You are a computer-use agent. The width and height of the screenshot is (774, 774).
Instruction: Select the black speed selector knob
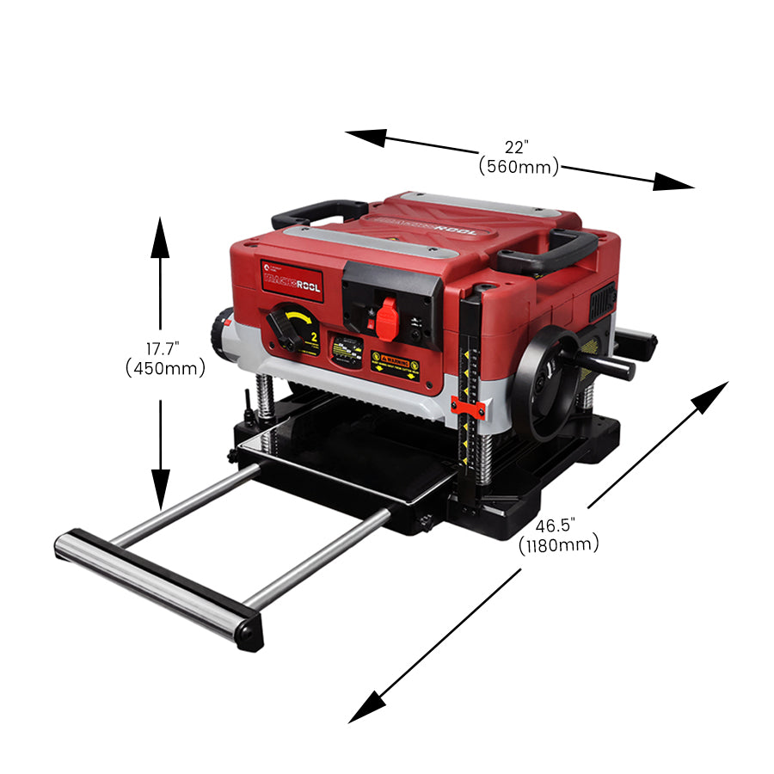285,328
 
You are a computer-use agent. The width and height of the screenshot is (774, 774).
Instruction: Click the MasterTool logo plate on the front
292,285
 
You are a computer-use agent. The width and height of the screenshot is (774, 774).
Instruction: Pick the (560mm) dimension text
519,167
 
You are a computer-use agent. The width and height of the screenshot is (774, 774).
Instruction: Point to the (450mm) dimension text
165,369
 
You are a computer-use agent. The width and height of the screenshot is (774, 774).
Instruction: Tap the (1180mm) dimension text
559,545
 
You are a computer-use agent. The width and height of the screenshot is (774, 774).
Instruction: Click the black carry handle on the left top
317,211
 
